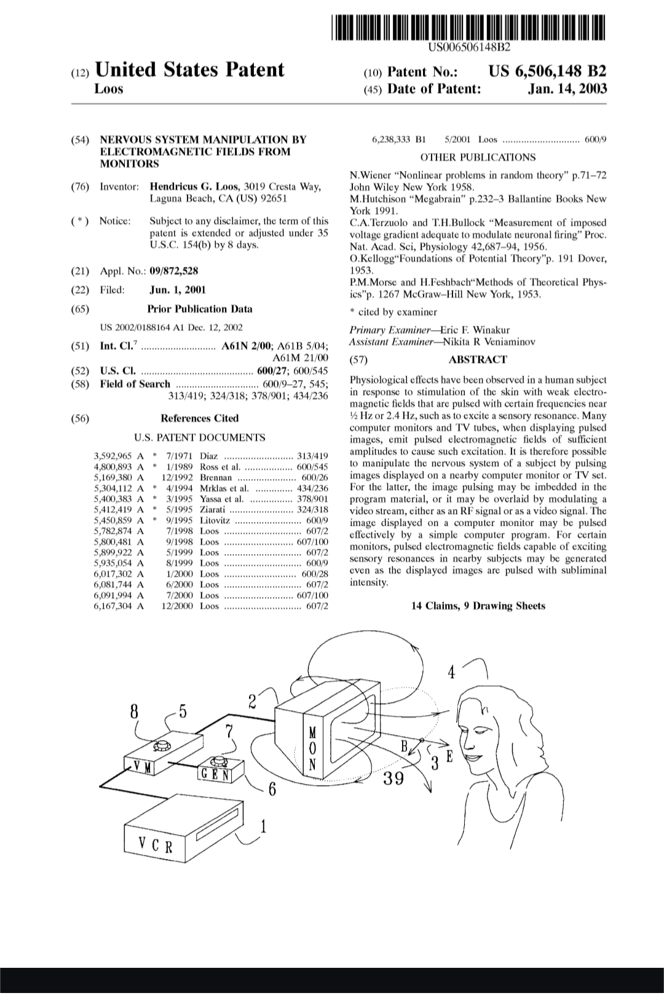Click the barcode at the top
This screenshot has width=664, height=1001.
(468, 26)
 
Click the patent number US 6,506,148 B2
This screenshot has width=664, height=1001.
(548, 71)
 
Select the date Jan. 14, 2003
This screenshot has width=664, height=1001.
(567, 89)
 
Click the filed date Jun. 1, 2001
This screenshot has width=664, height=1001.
(178, 290)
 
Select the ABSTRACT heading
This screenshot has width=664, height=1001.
(478, 360)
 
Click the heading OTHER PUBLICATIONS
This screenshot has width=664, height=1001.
(478, 157)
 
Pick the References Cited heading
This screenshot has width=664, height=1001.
(199, 418)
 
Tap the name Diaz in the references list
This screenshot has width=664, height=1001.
(209, 456)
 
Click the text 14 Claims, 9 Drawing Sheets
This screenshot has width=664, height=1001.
(478, 606)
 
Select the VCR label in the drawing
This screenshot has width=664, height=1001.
(155, 847)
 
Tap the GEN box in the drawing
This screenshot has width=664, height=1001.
(215, 774)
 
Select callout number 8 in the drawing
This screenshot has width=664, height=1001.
(135, 712)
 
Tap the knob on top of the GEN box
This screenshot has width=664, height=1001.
(219, 760)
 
